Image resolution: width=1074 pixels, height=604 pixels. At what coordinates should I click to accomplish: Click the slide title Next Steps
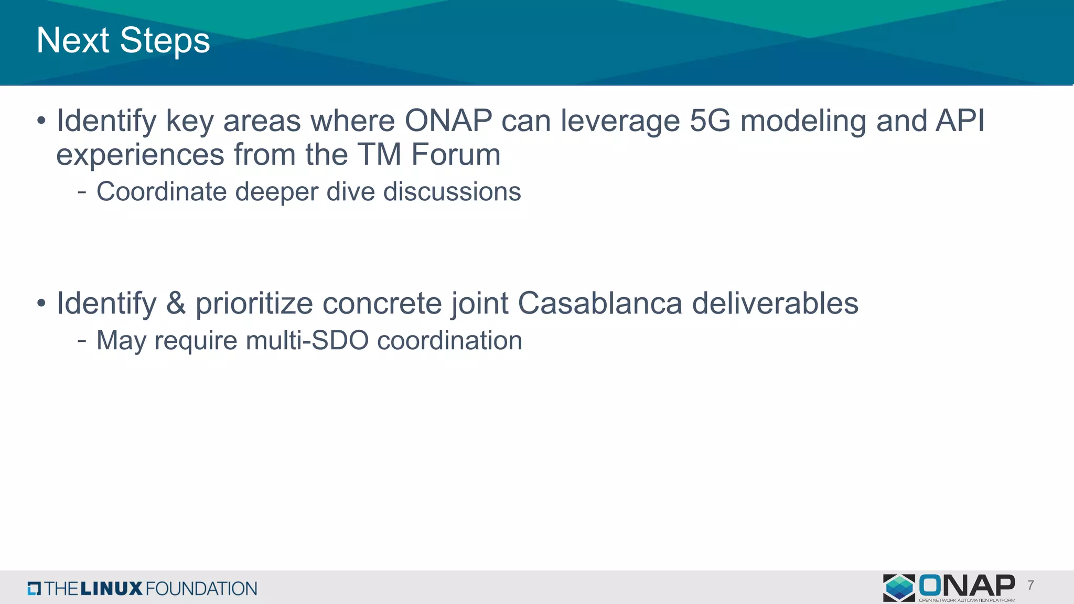[123, 41]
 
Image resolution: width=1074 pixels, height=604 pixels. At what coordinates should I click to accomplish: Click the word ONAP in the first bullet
[448, 121]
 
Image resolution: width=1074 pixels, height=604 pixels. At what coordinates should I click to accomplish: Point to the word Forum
[456, 155]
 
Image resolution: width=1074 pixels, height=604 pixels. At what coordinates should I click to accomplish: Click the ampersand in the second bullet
[176, 304]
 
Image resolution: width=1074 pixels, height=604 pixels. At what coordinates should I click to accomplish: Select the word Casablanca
[600, 304]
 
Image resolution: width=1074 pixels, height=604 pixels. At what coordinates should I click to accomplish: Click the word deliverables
[775, 304]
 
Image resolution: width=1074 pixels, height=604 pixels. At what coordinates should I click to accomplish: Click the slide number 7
[1031, 586]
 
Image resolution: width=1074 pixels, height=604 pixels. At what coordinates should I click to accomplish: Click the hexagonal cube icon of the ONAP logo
[899, 587]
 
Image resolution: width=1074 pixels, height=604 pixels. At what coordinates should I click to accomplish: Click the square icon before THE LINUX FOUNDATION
[34, 588]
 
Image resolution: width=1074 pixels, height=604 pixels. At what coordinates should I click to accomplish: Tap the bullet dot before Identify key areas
[41, 122]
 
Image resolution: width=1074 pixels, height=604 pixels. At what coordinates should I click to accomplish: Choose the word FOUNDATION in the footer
[201, 588]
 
